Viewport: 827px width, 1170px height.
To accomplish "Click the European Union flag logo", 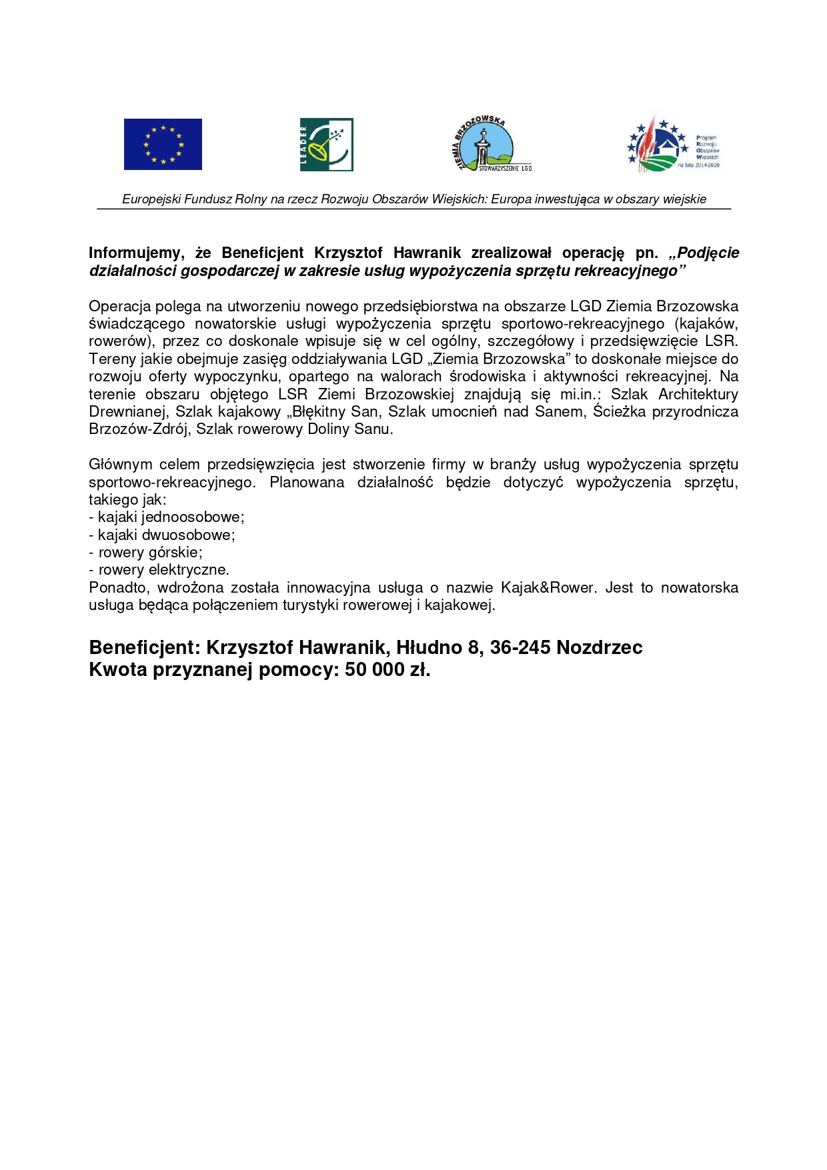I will coord(163,144).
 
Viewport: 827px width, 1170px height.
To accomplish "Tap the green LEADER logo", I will coord(326,145).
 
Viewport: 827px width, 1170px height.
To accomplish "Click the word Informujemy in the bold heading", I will coord(136,253).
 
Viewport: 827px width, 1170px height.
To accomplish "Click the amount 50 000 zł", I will coord(387,670).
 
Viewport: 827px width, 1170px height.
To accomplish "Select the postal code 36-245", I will coord(520,648).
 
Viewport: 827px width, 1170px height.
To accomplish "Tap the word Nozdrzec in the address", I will coord(600,648).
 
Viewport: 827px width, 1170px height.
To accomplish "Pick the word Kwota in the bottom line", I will coord(118,670).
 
